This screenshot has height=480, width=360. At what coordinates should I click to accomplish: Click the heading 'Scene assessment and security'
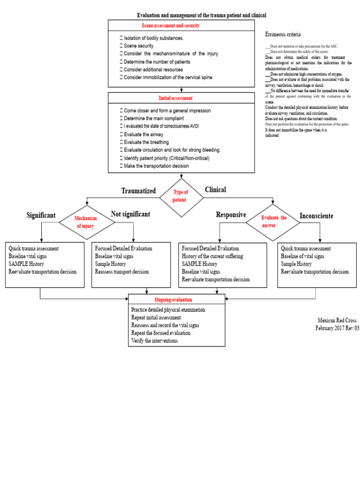click(x=171, y=26)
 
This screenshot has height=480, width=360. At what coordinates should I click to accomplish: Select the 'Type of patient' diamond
click(x=181, y=196)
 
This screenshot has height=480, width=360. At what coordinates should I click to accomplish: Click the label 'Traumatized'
click(x=138, y=190)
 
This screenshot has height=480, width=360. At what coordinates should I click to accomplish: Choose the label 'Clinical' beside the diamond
click(x=215, y=190)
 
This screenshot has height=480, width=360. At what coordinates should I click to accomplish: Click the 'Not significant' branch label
click(x=130, y=214)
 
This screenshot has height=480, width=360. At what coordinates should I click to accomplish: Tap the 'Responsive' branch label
click(x=231, y=215)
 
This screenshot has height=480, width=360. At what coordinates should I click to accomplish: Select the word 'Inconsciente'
click(x=316, y=216)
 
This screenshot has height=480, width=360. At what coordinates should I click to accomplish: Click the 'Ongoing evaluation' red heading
click(x=173, y=300)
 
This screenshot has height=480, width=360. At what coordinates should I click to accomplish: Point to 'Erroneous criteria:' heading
click(x=284, y=35)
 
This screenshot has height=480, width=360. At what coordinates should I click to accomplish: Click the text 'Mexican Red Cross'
click(x=337, y=321)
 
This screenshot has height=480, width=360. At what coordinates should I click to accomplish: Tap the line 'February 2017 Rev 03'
click(x=337, y=328)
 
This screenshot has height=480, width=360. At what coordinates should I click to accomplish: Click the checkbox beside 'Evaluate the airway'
click(x=121, y=134)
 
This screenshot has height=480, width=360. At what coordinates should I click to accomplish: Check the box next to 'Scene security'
click(x=121, y=46)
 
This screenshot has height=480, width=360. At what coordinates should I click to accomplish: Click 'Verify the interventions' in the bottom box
click(x=155, y=341)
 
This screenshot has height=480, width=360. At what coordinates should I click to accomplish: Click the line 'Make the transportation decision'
click(x=156, y=166)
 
